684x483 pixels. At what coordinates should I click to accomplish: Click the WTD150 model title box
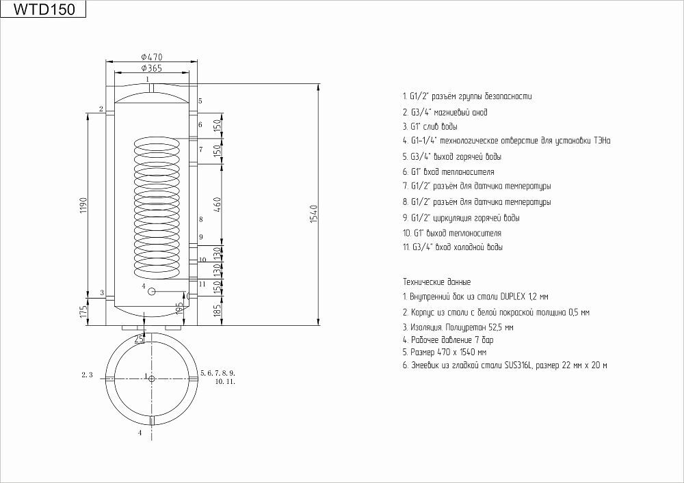tap(43, 9)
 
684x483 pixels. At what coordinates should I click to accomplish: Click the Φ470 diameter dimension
tap(152, 57)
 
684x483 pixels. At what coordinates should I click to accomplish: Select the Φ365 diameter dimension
tap(152, 68)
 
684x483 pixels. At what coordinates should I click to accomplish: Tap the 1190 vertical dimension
tap(83, 206)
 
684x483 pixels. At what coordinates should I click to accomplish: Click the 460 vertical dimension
tap(218, 205)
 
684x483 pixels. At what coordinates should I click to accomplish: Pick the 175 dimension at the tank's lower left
tap(83, 312)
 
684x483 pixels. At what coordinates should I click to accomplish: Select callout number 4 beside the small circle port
tap(143, 286)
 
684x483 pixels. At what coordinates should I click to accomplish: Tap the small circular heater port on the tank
tap(151, 291)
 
